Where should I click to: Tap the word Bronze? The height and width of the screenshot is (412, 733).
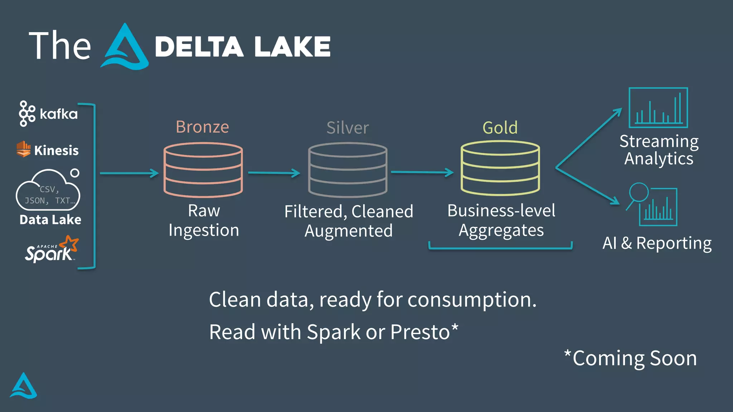click(202, 127)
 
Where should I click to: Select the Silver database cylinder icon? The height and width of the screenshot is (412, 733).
click(348, 170)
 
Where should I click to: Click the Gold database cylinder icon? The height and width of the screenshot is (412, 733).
click(500, 168)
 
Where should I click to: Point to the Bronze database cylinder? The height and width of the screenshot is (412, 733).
click(203, 170)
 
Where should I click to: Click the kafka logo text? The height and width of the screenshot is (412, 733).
click(58, 114)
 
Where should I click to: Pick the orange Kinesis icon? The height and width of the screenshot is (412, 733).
click(24, 149)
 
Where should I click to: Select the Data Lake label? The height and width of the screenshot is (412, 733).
click(50, 220)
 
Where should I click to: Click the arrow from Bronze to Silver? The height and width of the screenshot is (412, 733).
click(274, 173)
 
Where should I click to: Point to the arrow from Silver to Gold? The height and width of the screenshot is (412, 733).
click(422, 172)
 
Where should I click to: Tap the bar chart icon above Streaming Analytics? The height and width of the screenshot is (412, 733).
click(658, 108)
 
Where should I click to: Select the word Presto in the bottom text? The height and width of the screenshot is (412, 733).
click(420, 332)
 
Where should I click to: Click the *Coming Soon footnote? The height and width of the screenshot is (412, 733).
click(631, 358)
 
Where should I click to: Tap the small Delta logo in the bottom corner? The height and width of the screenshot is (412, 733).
click(23, 387)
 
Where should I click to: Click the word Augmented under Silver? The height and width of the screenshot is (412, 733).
click(348, 231)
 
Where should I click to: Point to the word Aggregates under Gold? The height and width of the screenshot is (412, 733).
click(501, 231)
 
